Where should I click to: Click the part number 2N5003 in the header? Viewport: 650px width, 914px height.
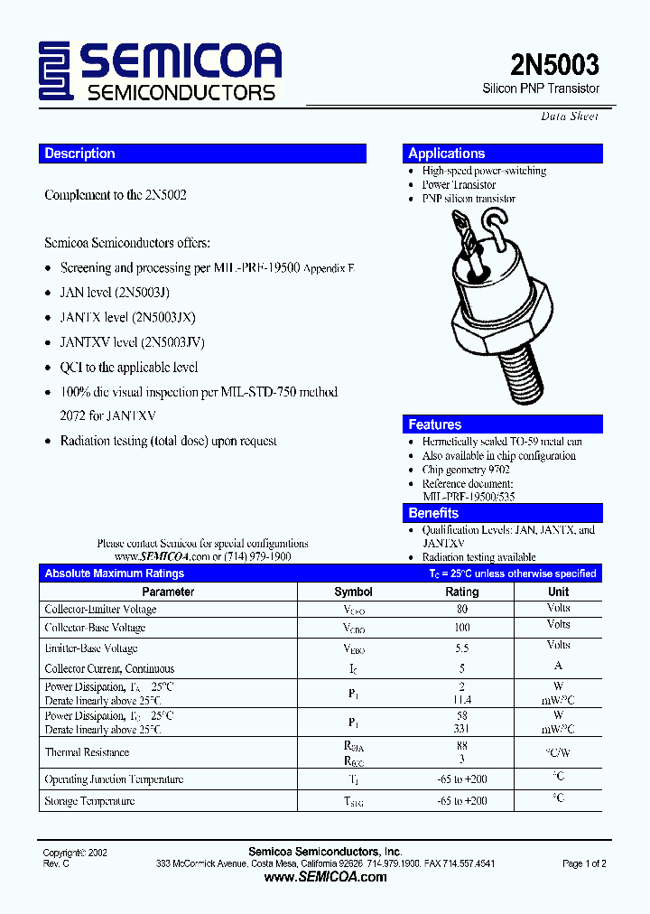click(x=554, y=65)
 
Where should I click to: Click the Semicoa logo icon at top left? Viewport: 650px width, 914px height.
click(x=56, y=72)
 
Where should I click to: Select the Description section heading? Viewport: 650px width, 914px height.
click(x=80, y=154)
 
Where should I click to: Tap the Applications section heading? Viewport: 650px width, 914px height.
click(x=447, y=154)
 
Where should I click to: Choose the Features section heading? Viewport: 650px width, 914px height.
click(x=435, y=424)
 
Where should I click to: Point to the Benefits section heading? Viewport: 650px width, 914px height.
click(x=433, y=513)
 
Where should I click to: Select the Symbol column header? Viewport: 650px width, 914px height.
click(x=353, y=592)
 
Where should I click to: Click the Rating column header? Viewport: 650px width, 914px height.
click(x=462, y=592)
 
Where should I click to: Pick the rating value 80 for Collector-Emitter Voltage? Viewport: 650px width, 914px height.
click(x=462, y=610)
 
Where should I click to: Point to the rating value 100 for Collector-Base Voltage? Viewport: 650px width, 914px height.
click(x=462, y=628)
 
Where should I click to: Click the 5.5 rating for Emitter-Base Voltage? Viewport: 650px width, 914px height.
click(x=462, y=648)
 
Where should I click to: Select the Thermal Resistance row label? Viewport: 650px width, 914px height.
click(x=87, y=752)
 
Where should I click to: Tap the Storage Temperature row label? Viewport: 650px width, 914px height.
click(x=89, y=801)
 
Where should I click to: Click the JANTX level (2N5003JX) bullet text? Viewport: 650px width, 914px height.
click(x=127, y=318)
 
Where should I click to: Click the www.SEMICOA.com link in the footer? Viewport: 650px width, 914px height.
click(x=324, y=877)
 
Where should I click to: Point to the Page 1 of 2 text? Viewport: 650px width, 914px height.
click(x=584, y=863)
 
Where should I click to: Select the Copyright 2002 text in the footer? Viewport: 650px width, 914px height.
click(x=75, y=853)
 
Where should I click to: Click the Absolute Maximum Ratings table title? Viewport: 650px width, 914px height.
click(x=115, y=574)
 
